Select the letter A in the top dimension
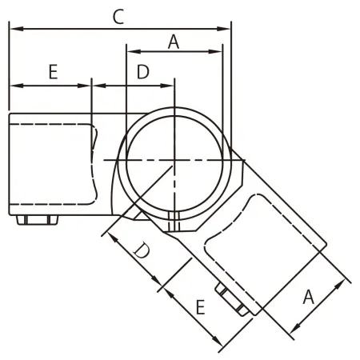tap(173, 42)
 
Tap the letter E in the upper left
tap(53, 72)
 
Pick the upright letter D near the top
tap(142, 72)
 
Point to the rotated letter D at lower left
tap(141, 254)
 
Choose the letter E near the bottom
tap(201, 306)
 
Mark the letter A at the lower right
tap(308, 298)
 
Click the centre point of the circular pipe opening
tap(174, 160)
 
